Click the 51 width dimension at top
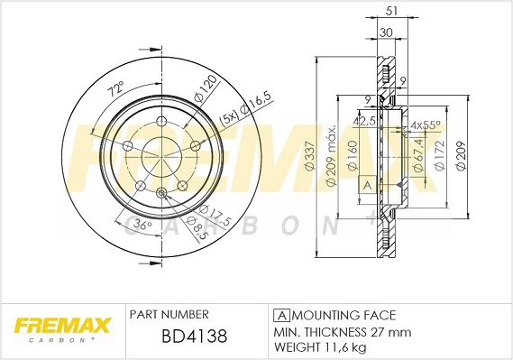[x=391, y=11]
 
